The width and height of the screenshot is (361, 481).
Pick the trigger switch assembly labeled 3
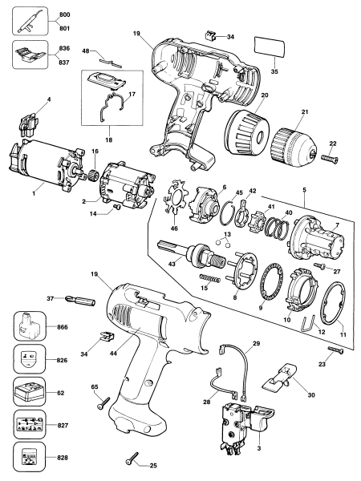(x=233, y=412)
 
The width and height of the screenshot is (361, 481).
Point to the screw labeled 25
(x=132, y=459)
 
